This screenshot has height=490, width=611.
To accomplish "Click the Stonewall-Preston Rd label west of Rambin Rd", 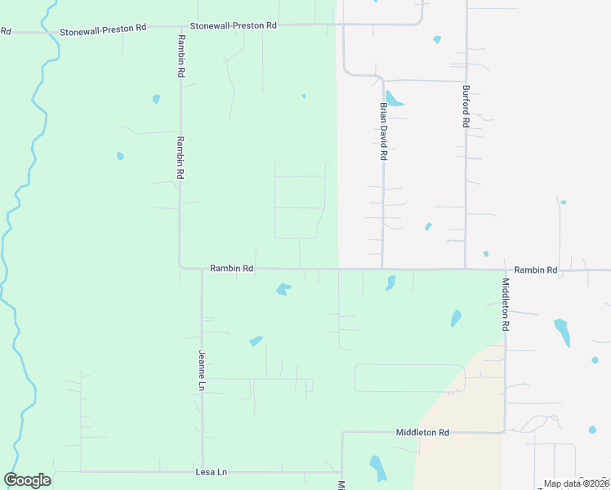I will click(x=103, y=29).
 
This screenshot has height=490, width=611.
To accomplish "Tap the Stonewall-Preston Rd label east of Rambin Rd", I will click(x=233, y=25).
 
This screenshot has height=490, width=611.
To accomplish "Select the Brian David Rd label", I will click(x=381, y=131).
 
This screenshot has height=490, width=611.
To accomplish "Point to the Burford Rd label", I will click(x=466, y=106).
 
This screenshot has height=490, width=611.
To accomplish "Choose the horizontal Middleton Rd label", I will click(x=422, y=432).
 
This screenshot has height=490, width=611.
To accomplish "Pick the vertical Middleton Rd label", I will click(x=506, y=304).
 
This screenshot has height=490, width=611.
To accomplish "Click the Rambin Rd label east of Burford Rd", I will click(x=535, y=269).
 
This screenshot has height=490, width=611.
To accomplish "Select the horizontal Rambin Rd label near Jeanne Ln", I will click(x=231, y=268).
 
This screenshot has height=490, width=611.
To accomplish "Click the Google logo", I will click(x=27, y=480).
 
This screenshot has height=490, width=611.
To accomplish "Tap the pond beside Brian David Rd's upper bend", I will click(x=394, y=100).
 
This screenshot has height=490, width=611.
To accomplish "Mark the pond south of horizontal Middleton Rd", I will click(x=377, y=468).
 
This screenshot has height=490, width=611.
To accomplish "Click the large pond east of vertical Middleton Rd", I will click(x=562, y=332).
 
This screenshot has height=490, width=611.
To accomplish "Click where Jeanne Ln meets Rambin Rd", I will click(x=202, y=269).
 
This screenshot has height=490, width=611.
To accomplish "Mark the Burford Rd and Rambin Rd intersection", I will click(x=466, y=269).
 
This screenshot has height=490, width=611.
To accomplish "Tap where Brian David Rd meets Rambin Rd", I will click(x=382, y=269).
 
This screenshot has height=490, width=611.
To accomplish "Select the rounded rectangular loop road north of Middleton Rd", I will click(x=409, y=378).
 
